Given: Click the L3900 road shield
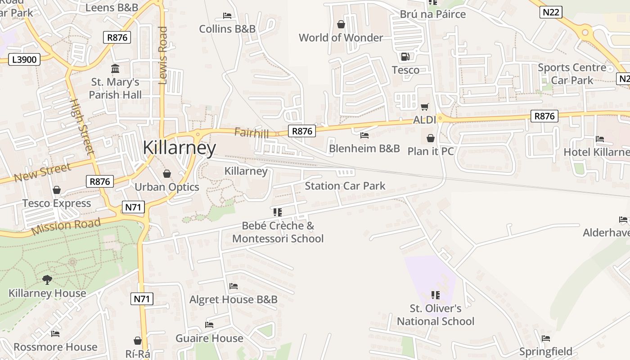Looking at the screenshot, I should (24, 59).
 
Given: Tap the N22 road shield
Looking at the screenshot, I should (551, 12).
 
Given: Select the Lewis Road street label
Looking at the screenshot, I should (163, 55).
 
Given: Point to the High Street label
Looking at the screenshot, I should (82, 127).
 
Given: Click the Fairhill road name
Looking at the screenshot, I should (251, 133).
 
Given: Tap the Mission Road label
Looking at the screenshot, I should (66, 227).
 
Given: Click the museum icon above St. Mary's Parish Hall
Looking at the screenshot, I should (115, 69).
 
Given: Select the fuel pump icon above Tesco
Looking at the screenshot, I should (405, 57).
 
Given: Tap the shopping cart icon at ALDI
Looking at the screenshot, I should (424, 107).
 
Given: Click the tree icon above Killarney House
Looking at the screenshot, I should (47, 280).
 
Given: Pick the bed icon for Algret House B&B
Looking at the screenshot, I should (233, 286).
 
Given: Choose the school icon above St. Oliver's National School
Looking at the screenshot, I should (435, 295).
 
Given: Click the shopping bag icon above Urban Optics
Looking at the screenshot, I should (167, 174).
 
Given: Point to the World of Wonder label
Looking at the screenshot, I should (341, 38).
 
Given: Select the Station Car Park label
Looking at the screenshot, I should (345, 186).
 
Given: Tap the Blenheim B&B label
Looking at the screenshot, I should (364, 148).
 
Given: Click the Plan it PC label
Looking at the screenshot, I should (431, 151).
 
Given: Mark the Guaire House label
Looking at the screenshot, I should (209, 338).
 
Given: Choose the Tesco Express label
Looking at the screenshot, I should (57, 203).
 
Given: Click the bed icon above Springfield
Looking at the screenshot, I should (546, 338).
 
